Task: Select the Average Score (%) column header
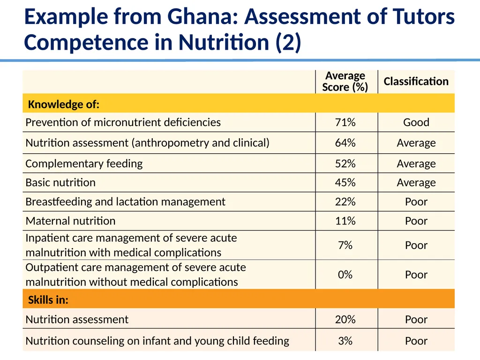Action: (x=345, y=82)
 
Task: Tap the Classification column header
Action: (x=416, y=82)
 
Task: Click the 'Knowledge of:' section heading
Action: (x=64, y=105)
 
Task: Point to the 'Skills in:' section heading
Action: (x=48, y=300)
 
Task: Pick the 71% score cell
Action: (x=345, y=122)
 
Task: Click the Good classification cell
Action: (x=416, y=122)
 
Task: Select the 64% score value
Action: (x=345, y=143)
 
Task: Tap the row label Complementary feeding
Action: (x=84, y=164)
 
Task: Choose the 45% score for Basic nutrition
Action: (x=345, y=183)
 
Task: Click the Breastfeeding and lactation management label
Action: (x=126, y=202)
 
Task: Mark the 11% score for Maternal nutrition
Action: (x=345, y=221)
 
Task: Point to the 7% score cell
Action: (x=345, y=245)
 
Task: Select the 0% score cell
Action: (x=345, y=275)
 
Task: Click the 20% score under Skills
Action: (x=345, y=320)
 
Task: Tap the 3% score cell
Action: (x=345, y=341)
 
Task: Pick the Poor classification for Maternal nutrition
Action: (x=416, y=221)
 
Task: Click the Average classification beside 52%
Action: (x=416, y=164)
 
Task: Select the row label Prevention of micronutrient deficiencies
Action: (x=123, y=122)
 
